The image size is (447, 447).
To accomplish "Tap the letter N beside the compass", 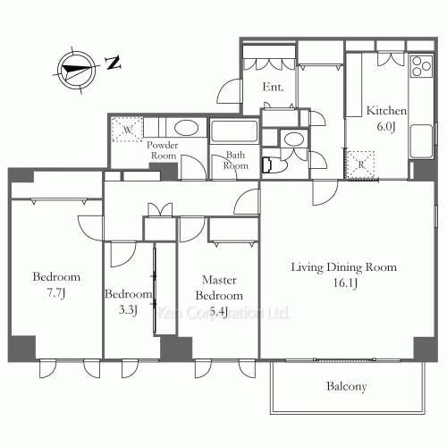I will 113,63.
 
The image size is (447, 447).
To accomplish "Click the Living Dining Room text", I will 344,267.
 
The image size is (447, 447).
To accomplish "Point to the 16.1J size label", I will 344,283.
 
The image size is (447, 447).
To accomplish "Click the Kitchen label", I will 386,111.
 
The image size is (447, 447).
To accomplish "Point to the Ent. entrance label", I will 273,88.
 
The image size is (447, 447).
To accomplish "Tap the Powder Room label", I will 163,149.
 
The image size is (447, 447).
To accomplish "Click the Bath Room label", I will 235,159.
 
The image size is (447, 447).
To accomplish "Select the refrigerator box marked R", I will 360,163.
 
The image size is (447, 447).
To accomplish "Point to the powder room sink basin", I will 187,127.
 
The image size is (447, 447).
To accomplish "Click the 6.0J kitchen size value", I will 386,126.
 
